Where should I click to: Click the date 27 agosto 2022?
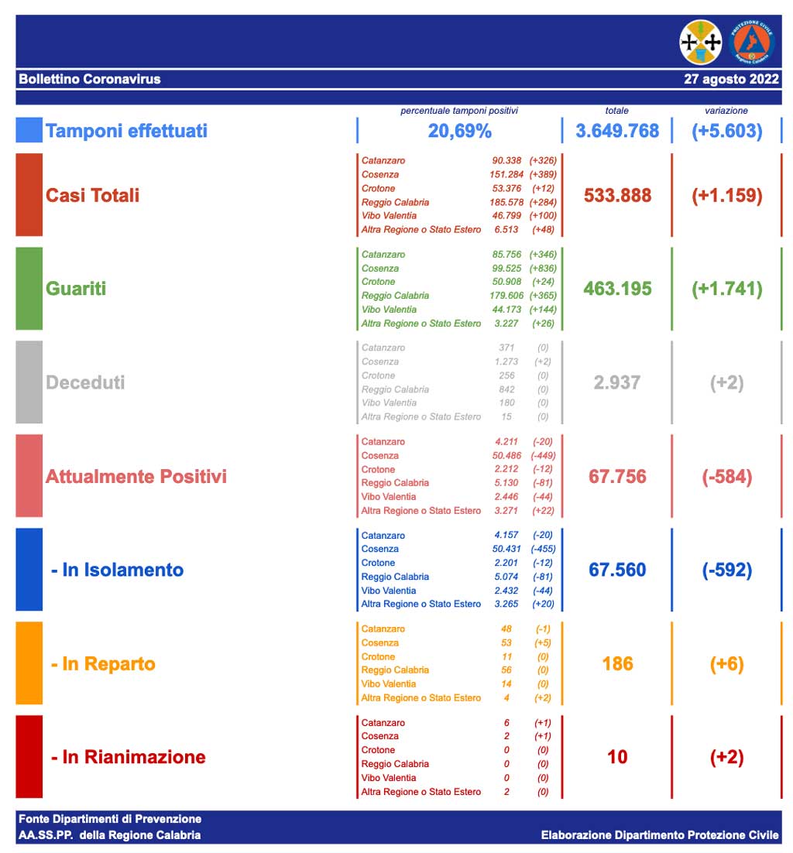731,79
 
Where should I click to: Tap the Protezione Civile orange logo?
751,43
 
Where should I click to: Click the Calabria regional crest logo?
700,43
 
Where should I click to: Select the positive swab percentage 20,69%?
459,131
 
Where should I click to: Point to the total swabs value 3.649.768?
617,131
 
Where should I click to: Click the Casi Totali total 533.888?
617,195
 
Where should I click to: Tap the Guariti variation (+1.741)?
726,289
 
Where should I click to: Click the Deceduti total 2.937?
617,382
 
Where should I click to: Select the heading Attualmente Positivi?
136,476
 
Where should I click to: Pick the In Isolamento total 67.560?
617,570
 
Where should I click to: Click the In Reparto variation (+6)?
726,663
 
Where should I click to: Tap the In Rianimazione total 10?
617,757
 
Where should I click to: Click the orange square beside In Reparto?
29,663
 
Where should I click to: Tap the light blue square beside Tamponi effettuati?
29,130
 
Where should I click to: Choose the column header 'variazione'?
726,111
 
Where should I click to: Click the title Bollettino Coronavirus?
90,79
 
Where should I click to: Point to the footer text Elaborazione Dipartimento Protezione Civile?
660,835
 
